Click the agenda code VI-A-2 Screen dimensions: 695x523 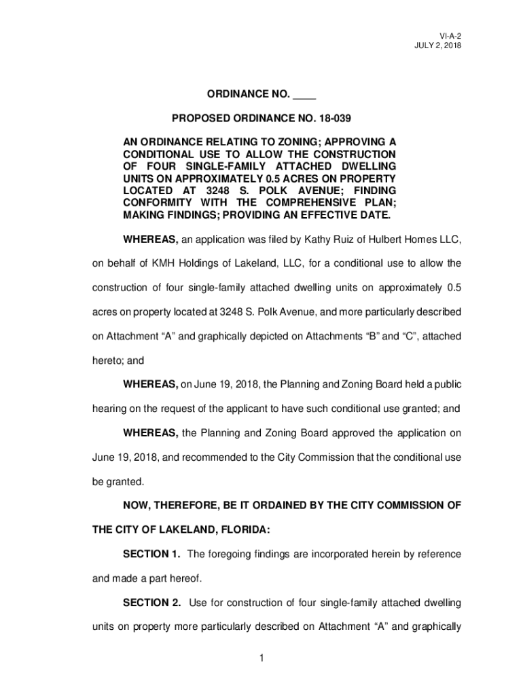pyautogui.click(x=449, y=35)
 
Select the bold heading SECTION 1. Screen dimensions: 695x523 pyautogui.click(x=151, y=555)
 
